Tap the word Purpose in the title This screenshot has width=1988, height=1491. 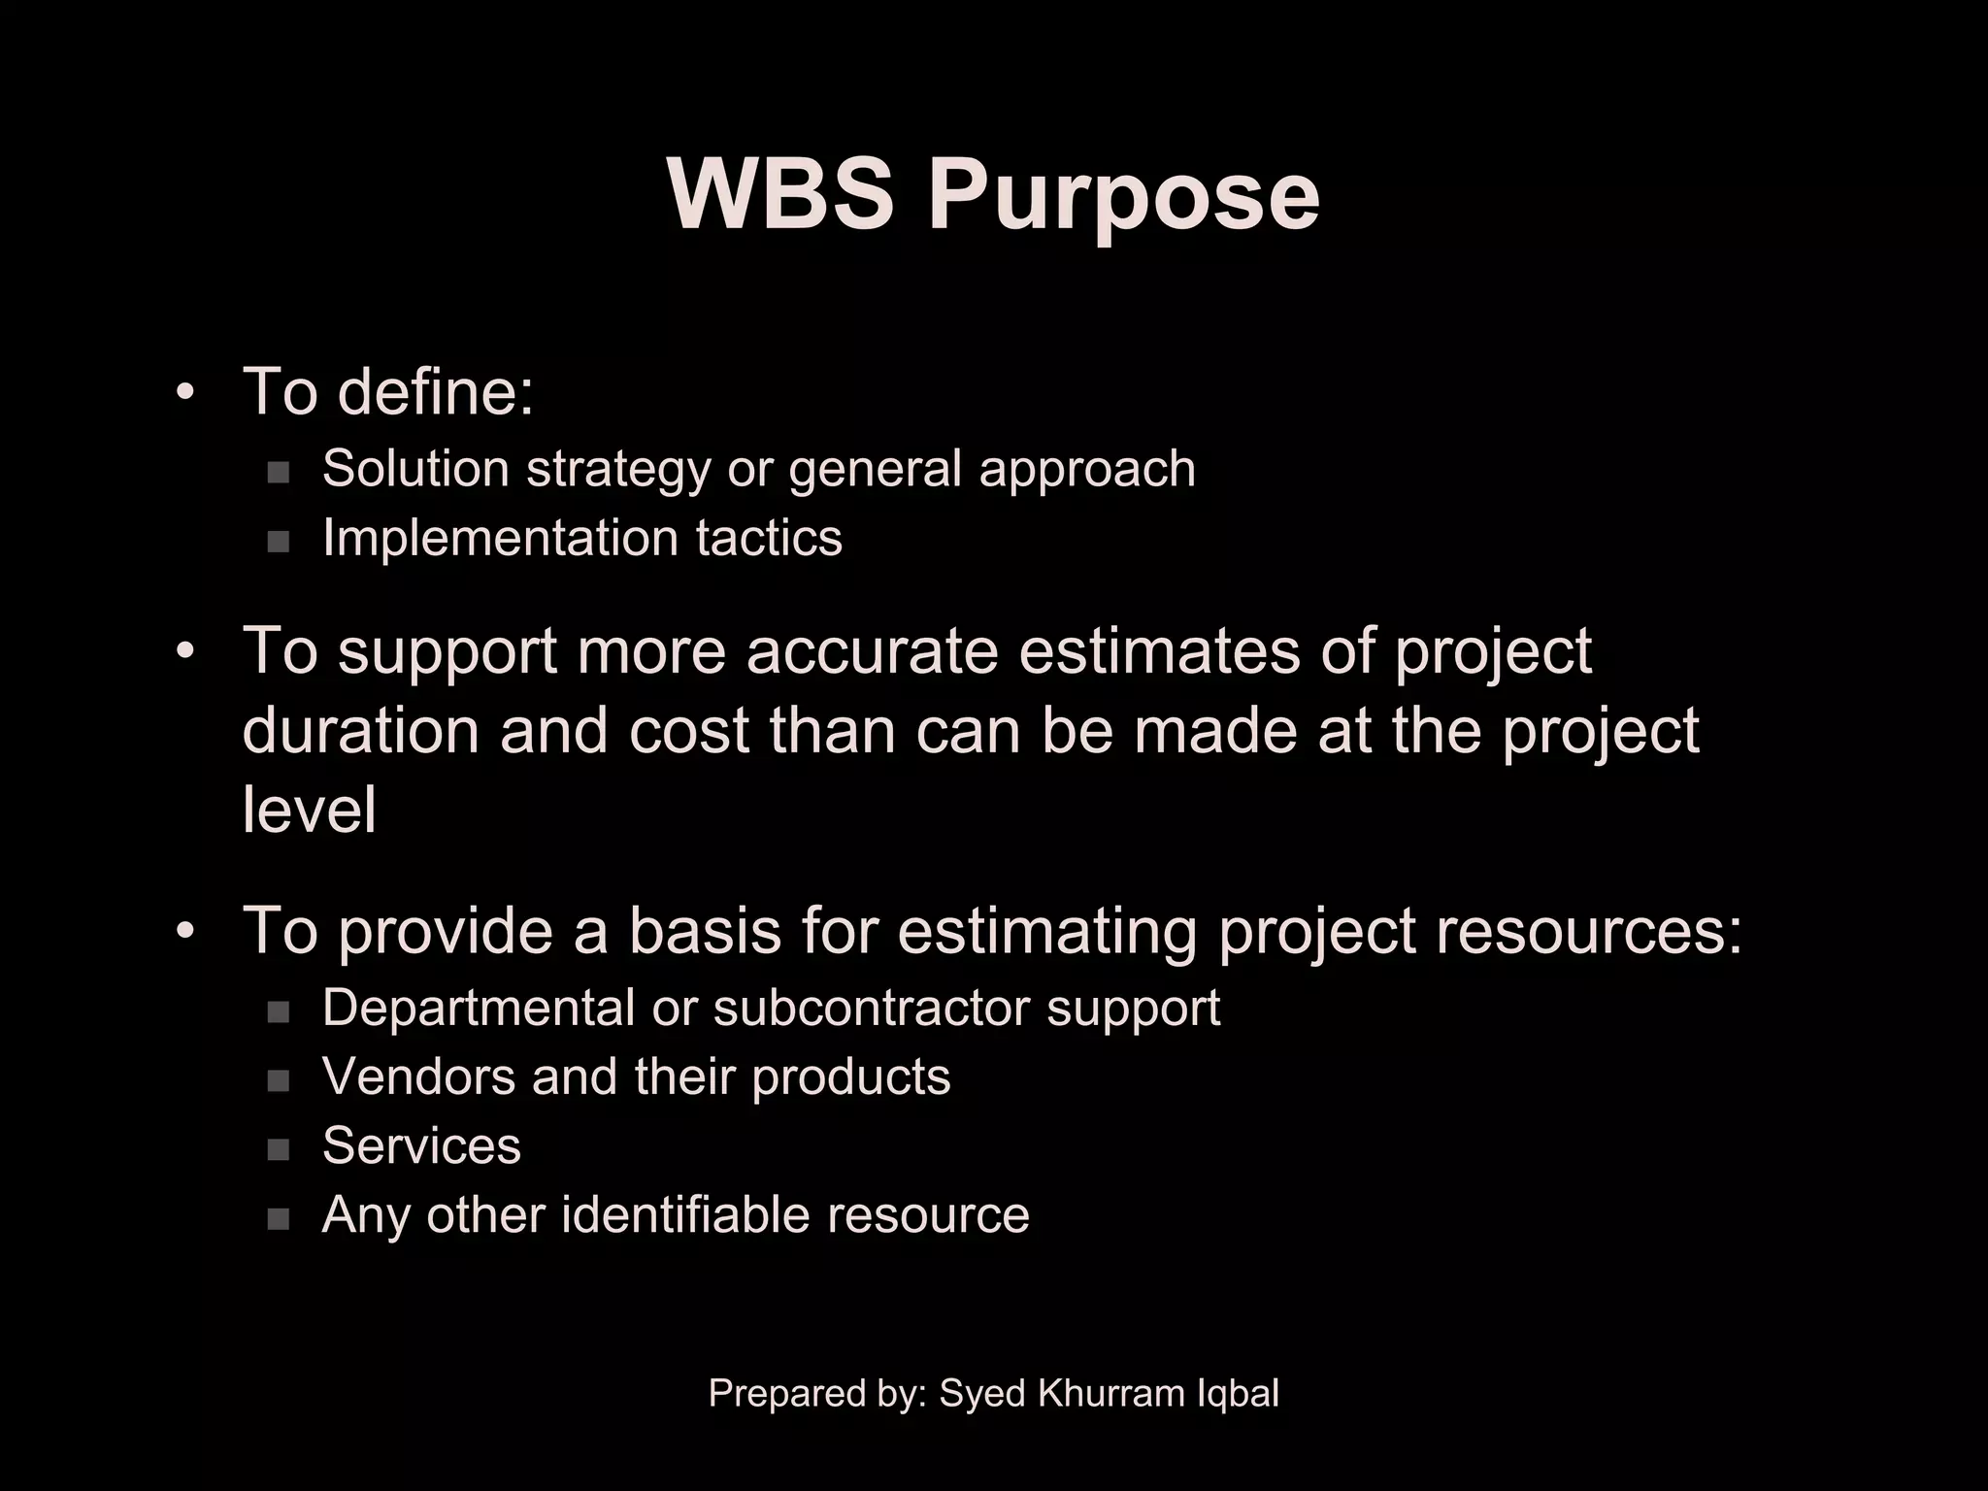coord(1123,199)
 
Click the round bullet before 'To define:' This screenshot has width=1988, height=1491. coord(185,393)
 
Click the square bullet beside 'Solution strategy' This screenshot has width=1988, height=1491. coord(279,473)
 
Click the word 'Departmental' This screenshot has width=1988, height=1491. coord(478,1008)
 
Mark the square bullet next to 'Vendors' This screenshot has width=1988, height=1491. coord(279,1080)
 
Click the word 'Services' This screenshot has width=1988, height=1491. coord(421,1145)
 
